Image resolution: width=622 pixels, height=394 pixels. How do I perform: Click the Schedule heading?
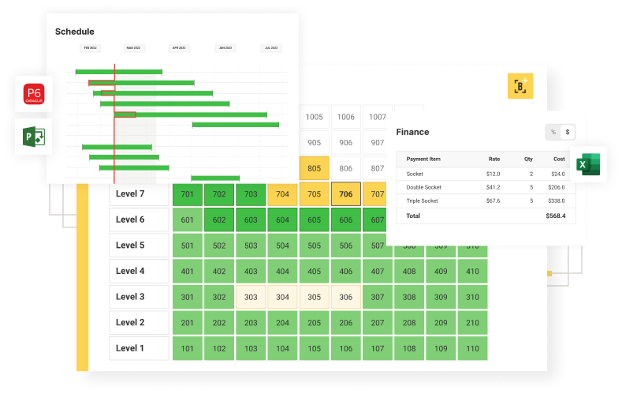(75, 32)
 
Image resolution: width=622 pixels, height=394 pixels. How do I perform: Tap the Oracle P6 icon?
(34, 95)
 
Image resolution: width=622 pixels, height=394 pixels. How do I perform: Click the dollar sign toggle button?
(568, 132)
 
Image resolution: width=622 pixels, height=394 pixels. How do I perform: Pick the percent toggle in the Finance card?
(553, 132)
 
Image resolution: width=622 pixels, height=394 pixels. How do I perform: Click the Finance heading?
(412, 132)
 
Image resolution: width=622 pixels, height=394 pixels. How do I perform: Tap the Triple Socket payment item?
(422, 201)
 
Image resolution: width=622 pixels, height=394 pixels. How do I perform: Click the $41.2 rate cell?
(494, 187)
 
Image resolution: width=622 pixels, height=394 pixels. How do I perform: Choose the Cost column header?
(558, 159)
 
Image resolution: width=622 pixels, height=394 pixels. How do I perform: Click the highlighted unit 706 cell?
(345, 194)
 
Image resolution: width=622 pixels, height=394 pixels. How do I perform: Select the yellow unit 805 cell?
(314, 168)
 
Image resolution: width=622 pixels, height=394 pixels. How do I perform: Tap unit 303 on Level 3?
(251, 297)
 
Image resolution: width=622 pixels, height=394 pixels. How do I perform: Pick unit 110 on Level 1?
(472, 348)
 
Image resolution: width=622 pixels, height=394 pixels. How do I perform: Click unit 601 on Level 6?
(187, 220)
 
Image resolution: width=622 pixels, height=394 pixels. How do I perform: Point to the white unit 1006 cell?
(345, 117)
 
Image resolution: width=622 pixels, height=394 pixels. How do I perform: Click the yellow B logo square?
(520, 85)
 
